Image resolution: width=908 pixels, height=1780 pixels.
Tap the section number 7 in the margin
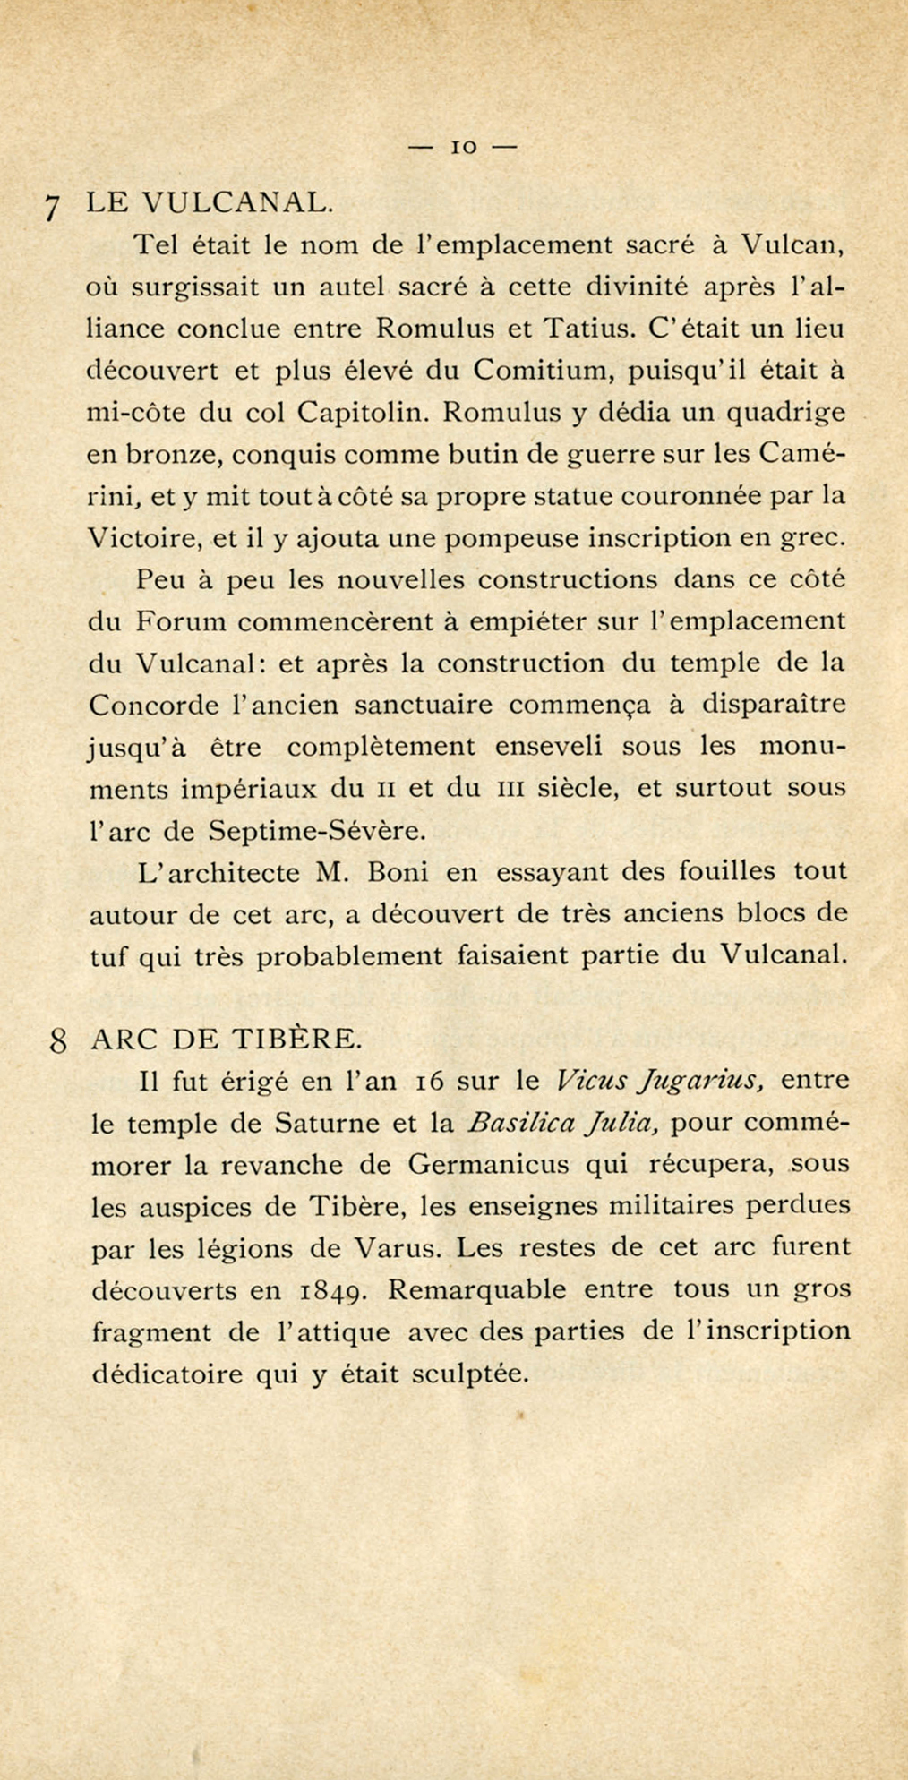pos(53,208)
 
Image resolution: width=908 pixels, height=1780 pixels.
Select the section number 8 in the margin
pos(57,1042)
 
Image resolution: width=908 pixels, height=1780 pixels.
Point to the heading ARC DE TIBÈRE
pos(227,1039)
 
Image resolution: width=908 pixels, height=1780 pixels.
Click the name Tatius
pos(588,329)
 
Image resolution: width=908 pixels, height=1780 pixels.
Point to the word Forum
pos(182,621)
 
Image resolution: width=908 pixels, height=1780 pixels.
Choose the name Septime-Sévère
pos(317,831)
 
